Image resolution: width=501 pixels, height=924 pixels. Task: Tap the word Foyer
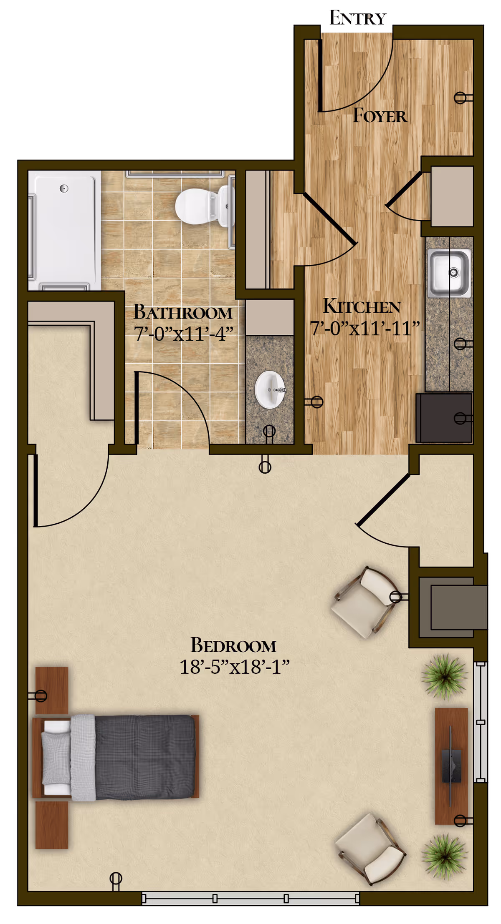[x=380, y=116]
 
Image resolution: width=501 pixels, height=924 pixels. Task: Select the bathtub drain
[x=64, y=188]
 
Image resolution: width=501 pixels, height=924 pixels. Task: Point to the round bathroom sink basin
[x=270, y=390]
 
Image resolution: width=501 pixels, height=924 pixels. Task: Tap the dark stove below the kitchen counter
[x=444, y=418]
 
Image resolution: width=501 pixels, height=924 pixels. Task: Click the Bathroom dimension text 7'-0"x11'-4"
[x=183, y=334]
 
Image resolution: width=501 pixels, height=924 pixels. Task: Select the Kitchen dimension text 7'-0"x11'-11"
[x=364, y=328]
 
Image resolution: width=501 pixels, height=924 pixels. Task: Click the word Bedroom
[x=233, y=645]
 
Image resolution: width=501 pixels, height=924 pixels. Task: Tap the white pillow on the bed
[x=56, y=757]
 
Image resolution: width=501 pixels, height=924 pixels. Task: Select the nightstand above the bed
[x=52, y=690]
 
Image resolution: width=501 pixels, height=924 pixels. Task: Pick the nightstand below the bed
[x=52, y=825]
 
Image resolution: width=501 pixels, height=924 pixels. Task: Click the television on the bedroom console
[x=451, y=766]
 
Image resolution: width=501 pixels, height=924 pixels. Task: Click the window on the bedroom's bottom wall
[x=250, y=898]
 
